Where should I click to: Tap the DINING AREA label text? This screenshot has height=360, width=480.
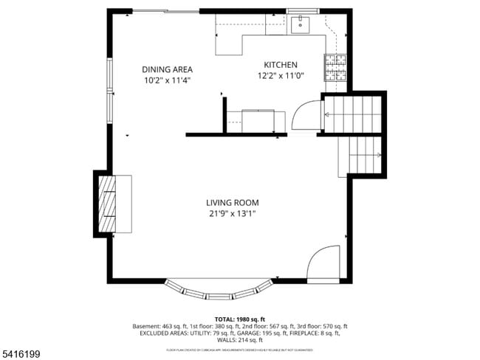[167, 69]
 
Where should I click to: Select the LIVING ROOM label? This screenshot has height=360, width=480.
[232, 203]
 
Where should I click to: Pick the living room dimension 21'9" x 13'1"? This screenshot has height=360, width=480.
[232, 214]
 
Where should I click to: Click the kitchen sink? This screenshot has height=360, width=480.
[300, 26]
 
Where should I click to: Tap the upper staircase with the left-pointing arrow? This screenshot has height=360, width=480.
[352, 114]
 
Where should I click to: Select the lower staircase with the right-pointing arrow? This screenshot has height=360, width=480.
[362, 155]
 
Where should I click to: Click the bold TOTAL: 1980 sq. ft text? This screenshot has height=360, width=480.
[239, 319]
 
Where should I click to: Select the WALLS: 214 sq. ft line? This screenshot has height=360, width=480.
[239, 340]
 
